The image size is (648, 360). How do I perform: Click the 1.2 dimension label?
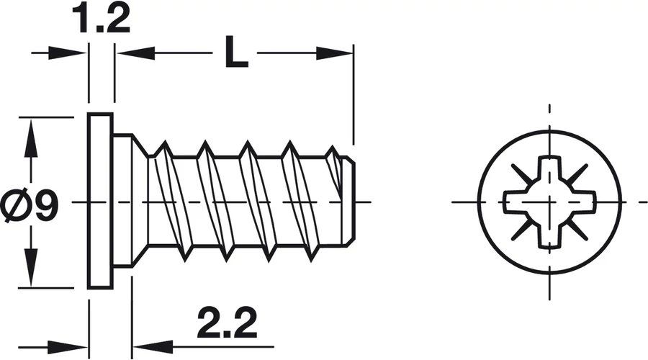point(102,19)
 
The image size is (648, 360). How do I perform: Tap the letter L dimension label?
point(236,52)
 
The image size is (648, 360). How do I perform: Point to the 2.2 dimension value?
point(228,323)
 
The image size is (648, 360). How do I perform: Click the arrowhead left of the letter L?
point(135,53)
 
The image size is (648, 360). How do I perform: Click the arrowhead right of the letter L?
point(335,53)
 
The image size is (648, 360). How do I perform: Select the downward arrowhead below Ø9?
point(31,267)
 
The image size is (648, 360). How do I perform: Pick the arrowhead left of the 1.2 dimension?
point(68,53)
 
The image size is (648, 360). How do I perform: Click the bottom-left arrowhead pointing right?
point(68,347)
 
